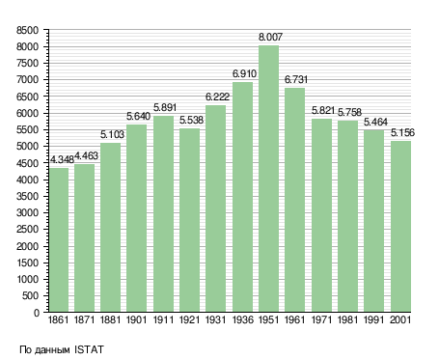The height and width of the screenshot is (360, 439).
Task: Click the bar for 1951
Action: tap(268, 179)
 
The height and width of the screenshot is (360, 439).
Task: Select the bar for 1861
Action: tap(59, 239)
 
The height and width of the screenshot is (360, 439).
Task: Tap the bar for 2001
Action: tap(400, 226)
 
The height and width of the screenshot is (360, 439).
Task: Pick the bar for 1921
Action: tap(189, 220)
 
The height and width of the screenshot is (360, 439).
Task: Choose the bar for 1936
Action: tap(242, 197)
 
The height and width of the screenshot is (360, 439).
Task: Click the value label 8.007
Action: tap(270, 37)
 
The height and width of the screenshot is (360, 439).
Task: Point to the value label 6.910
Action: tap(244, 73)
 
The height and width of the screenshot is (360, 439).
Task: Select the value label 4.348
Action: tap(62, 159)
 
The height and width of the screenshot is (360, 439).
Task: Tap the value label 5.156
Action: tap(402, 132)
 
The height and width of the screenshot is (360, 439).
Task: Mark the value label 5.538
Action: tap(191, 120)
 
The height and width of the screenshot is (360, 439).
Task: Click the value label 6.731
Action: tap(296, 79)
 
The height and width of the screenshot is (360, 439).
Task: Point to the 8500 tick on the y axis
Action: tap(27, 31)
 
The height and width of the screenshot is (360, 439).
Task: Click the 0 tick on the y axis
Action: tap(37, 313)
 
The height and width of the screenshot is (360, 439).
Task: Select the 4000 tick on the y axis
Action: tap(27, 180)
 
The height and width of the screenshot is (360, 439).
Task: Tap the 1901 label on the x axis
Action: tap(137, 320)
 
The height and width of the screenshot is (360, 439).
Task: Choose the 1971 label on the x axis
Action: tap(321, 320)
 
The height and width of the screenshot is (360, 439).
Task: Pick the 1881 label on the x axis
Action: tap(110, 320)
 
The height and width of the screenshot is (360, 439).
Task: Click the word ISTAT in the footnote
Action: tap(89, 349)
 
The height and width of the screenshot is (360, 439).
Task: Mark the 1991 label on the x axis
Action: tap(374, 320)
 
